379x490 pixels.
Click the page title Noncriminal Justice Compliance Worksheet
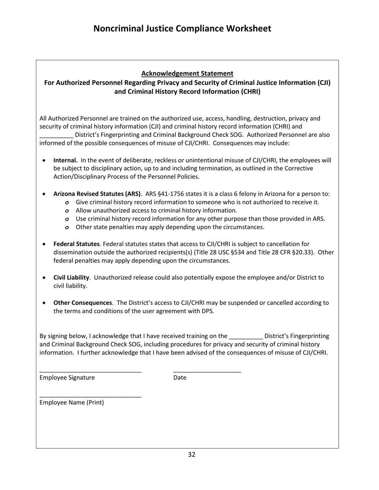182,29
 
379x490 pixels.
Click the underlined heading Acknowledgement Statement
187,73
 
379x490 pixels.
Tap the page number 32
191,455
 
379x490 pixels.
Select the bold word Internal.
65,160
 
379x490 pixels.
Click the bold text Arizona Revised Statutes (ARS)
97,194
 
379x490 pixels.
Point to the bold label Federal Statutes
76,244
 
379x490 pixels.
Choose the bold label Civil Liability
71,277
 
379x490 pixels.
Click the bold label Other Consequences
83,303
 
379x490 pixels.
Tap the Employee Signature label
67,378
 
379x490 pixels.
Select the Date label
180,378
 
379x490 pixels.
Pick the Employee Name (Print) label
71,402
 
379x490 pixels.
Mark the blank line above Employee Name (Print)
90,397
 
